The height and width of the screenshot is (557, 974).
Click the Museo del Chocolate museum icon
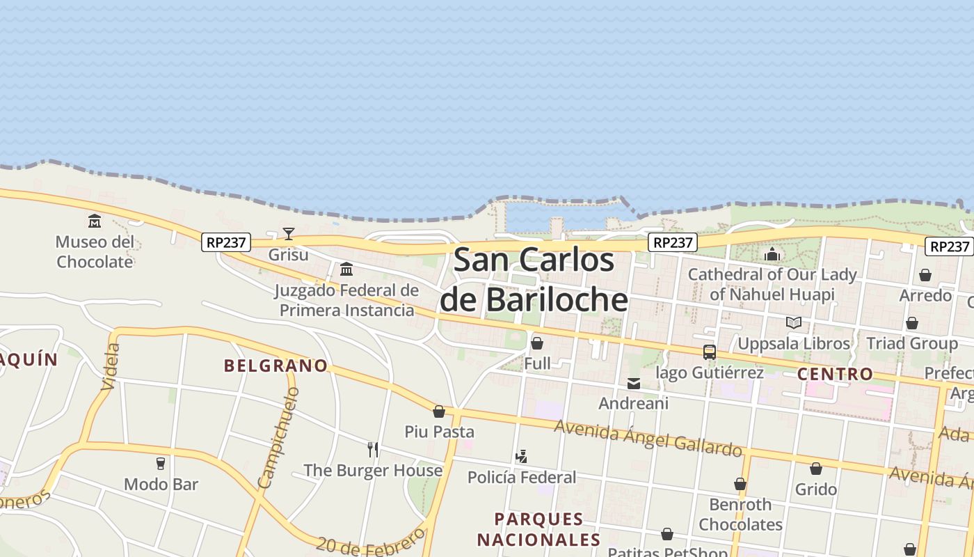click(95, 221)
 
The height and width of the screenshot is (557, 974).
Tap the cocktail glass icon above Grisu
click(289, 233)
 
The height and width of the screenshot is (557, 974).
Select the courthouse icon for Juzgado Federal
click(346, 269)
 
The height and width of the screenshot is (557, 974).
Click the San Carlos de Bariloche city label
click(534, 280)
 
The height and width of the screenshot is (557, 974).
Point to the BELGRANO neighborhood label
click(276, 366)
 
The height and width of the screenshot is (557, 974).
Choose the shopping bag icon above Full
click(537, 343)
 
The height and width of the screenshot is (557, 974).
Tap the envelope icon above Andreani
click(634, 383)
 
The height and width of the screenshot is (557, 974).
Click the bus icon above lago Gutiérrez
click(710, 352)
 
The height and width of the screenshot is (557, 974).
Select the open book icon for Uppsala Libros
click(794, 322)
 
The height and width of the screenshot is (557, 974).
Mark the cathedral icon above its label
click(772, 254)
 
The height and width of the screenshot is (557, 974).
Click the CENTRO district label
click(835, 374)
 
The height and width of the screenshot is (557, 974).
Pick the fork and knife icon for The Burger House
click(373, 450)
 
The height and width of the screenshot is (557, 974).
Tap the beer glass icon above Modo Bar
click(161, 464)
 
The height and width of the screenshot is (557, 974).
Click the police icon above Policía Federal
click(522, 457)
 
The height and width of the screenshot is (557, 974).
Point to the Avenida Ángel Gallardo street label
click(648, 439)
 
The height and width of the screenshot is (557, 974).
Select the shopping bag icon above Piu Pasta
click(439, 411)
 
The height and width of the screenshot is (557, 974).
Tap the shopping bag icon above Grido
click(816, 469)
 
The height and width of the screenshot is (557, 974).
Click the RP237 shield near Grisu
click(226, 242)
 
